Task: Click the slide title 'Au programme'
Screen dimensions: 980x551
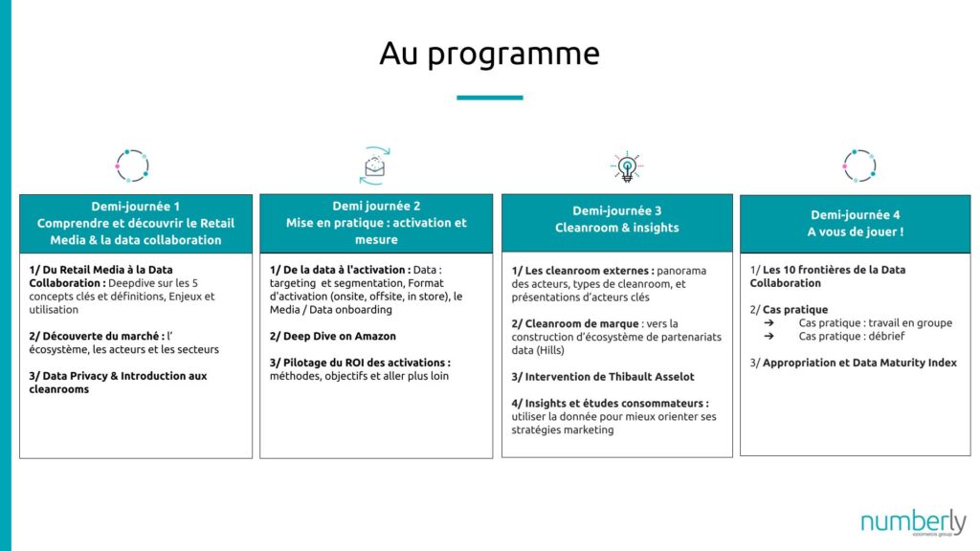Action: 489,54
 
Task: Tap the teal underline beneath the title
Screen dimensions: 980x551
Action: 489,98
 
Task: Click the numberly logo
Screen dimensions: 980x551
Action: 913,523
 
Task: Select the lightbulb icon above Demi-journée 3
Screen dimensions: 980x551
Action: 627,166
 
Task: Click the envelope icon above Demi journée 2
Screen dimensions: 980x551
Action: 374,166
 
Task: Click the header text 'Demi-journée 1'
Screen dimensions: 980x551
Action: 136,207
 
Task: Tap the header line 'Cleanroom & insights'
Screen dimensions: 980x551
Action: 617,228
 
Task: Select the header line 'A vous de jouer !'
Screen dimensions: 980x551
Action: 855,231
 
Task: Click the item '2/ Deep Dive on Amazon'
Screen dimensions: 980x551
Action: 332,336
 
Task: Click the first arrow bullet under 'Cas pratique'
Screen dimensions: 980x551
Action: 768,323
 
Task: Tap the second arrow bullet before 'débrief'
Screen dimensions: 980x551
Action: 768,336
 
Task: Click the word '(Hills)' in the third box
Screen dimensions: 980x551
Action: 550,350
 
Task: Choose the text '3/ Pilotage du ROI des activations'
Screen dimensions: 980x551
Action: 359,363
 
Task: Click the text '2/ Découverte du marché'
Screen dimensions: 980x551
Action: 96,336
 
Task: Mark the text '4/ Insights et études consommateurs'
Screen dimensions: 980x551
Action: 609,404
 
